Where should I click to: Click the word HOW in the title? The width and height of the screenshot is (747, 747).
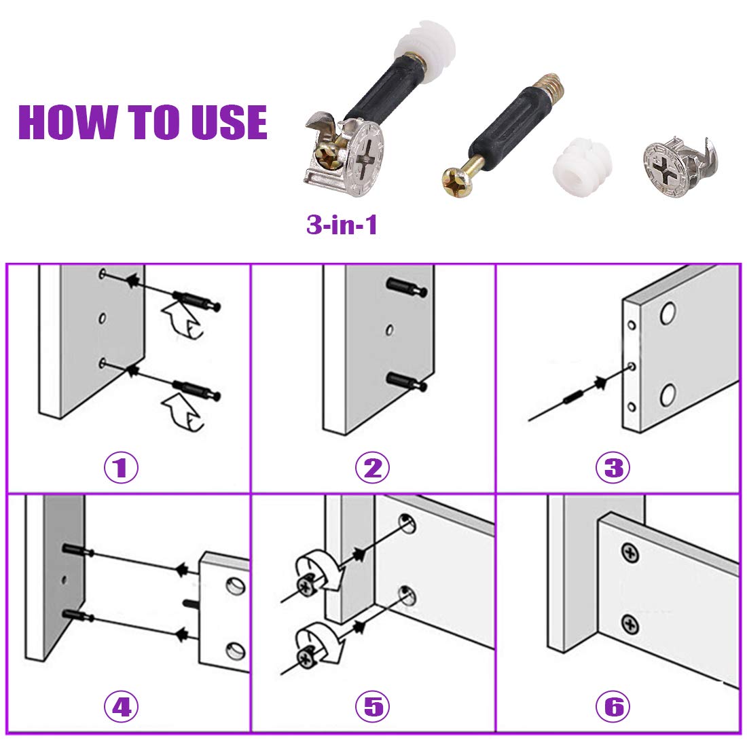pyautogui.click(x=68, y=122)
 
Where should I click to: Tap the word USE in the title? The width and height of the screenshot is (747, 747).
pyautogui.click(x=229, y=122)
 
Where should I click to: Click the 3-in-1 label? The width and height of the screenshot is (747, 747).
pyautogui.click(x=342, y=224)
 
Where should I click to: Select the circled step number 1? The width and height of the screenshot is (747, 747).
pyautogui.click(x=121, y=467)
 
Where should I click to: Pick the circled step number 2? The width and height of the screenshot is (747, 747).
pyautogui.click(x=373, y=467)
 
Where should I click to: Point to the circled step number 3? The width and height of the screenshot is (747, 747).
pyautogui.click(x=613, y=467)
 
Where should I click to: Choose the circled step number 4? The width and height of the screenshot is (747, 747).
pyautogui.click(x=121, y=706)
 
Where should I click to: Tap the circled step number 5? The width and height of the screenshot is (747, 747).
pyautogui.click(x=373, y=706)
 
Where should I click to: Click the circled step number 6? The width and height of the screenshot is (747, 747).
pyautogui.click(x=613, y=706)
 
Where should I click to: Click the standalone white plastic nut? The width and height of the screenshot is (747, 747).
pyautogui.click(x=582, y=167)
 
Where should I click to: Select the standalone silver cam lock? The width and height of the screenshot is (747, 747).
pyautogui.click(x=679, y=167)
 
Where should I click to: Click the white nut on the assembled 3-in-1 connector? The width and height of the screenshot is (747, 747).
pyautogui.click(x=425, y=52)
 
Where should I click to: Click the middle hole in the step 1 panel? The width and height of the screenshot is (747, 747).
pyautogui.click(x=102, y=318)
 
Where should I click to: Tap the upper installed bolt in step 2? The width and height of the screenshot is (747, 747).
pyautogui.click(x=406, y=287)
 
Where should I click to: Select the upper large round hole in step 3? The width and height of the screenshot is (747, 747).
pyautogui.click(x=668, y=313)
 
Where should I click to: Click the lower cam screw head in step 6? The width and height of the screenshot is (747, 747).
pyautogui.click(x=630, y=623)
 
